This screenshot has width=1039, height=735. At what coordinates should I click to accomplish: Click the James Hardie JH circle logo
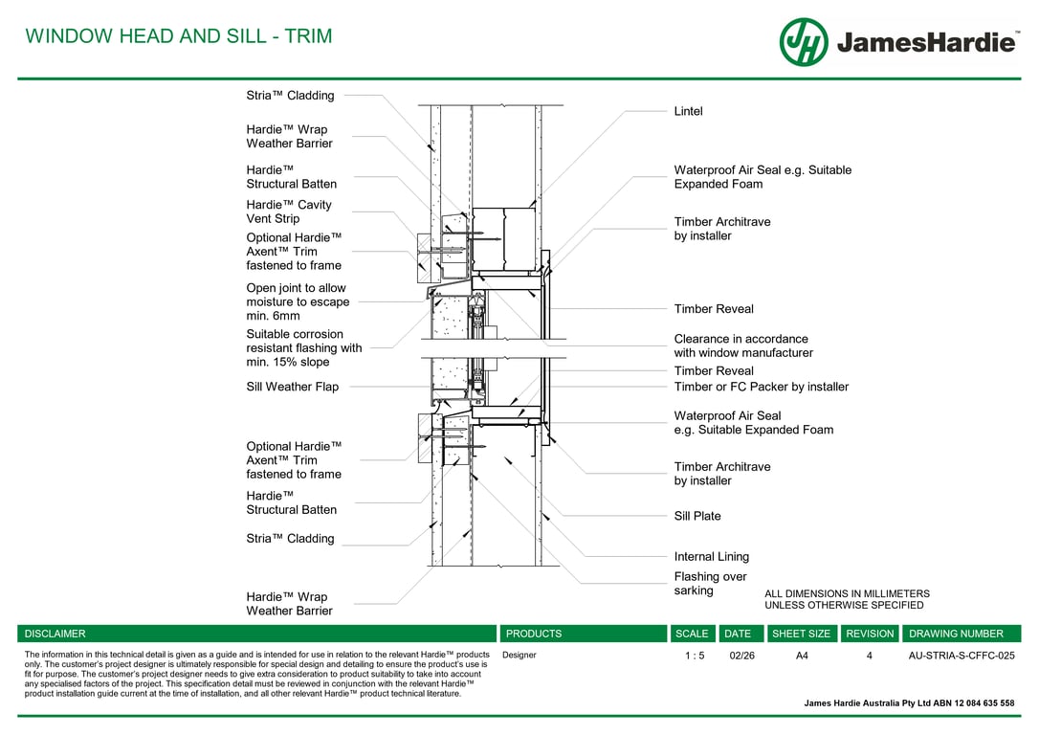803,42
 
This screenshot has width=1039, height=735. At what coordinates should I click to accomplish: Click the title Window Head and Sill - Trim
179,35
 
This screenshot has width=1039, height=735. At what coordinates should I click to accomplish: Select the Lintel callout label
688,111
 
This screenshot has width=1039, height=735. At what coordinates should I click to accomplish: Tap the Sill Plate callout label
697,516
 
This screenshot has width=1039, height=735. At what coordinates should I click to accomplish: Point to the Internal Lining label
711,557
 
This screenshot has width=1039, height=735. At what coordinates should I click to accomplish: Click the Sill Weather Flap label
292,387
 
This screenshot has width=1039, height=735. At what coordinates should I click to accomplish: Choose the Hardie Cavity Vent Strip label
289,212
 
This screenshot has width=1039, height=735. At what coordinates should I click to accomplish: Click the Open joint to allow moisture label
298,301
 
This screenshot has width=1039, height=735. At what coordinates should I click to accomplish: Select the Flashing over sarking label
710,583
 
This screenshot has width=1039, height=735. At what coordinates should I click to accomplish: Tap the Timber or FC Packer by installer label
762,387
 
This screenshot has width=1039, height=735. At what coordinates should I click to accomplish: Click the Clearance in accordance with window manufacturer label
743,345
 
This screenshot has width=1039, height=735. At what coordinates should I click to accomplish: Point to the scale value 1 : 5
695,656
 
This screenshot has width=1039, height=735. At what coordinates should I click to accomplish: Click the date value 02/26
741,656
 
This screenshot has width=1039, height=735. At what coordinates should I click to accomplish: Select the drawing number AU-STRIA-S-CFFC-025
961,656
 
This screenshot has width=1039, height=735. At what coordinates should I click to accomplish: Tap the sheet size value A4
802,656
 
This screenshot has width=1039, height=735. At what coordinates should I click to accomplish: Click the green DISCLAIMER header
256,634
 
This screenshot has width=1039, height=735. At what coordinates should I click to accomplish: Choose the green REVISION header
870,634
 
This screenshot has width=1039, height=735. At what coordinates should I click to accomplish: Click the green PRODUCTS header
583,634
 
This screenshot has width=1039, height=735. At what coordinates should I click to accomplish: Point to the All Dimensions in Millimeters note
847,599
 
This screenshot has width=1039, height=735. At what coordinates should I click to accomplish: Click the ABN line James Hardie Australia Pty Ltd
909,703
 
